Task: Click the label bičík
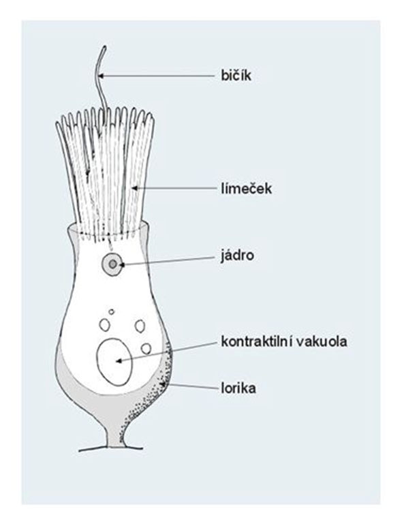(236, 76)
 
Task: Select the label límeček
(247, 189)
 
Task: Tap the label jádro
(237, 256)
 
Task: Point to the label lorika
(238, 388)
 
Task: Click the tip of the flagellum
(105, 47)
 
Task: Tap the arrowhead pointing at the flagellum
(102, 76)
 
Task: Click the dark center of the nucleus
(113, 264)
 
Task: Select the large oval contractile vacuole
(114, 362)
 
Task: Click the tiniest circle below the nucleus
(112, 311)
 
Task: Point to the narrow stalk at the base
(114, 438)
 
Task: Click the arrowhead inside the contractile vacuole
(118, 361)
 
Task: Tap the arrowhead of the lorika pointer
(164, 384)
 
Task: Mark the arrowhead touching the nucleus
(122, 265)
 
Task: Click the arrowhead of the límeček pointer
(135, 188)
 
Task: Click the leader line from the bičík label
(157, 76)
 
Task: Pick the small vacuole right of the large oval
(146, 349)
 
